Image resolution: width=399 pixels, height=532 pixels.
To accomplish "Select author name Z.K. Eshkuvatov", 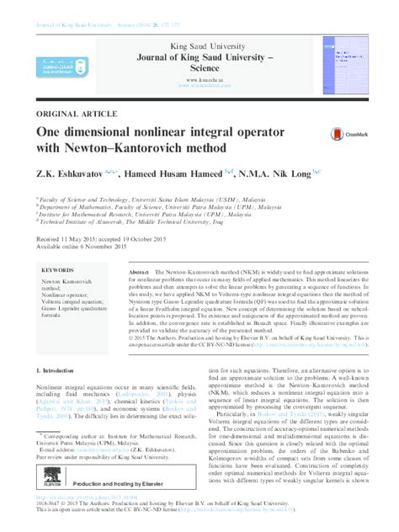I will click(x=71, y=175).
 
